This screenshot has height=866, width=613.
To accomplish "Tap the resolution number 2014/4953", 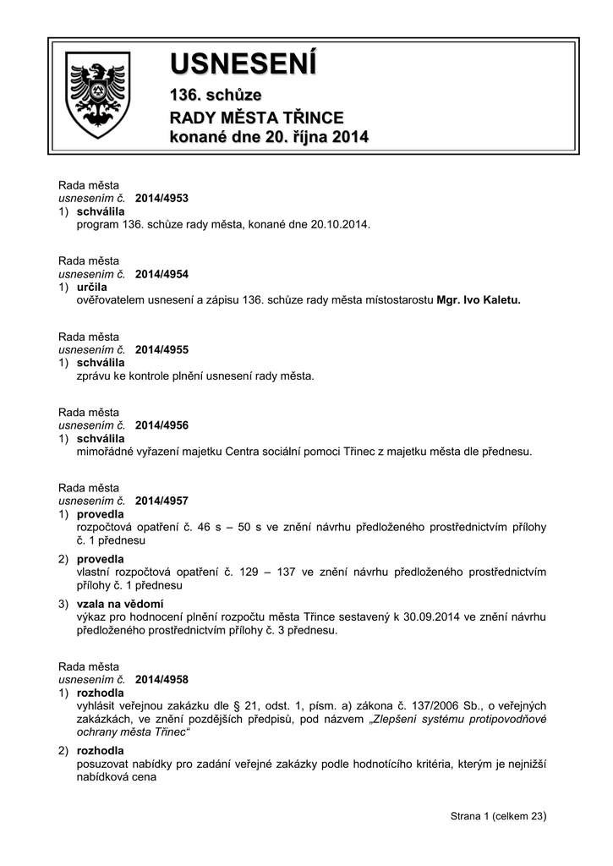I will (x=161, y=198).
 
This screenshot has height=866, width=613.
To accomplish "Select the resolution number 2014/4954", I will (x=161, y=274).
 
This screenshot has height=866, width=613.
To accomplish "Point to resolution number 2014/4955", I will (x=161, y=349).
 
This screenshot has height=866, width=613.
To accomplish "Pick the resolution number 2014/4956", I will (x=161, y=425).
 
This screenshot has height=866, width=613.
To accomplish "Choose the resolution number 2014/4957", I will (x=161, y=501).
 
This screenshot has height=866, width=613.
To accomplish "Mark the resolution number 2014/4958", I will (x=161, y=679).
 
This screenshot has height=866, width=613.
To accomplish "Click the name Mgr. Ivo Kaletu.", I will (x=479, y=299).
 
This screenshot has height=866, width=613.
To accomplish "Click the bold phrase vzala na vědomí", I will (x=120, y=604).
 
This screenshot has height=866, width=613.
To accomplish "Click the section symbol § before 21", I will (x=236, y=704).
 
